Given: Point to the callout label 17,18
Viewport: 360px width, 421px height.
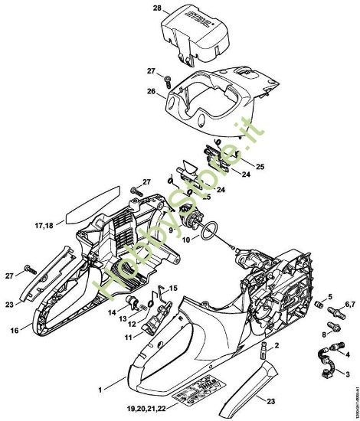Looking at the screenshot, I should [43, 225].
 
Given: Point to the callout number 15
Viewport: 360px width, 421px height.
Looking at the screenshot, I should [173, 288].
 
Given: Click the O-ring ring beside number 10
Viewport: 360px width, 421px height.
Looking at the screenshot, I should [211, 229].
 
